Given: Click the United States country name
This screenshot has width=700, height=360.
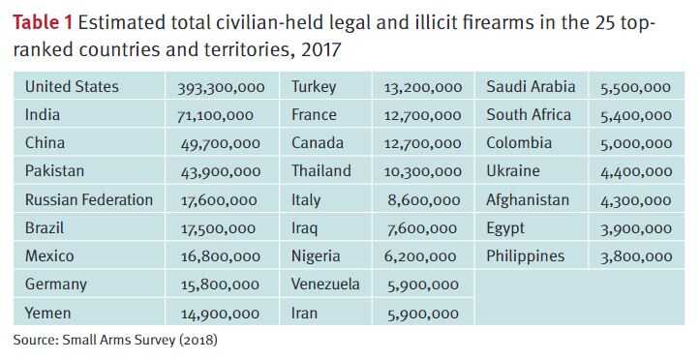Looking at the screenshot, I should coord(72,87).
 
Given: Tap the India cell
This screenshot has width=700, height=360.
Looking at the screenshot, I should coord(43,115).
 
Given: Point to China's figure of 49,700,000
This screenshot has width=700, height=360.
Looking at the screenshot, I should coord(221,144).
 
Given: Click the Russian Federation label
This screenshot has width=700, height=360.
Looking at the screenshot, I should coord(88,200).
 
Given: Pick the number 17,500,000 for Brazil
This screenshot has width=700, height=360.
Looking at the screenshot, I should coord(219,229).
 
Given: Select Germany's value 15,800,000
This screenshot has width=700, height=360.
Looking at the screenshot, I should coord(220,285).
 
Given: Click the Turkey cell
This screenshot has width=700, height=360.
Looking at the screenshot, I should coord(314,87).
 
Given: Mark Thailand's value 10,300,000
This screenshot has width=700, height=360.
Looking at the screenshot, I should coord(422,172).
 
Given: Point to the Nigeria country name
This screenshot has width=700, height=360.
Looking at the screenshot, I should coord(316,256).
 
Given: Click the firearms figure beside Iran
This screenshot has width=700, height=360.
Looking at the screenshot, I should coord(422,314).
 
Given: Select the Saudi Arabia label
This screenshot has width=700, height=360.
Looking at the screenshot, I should coord(531,87).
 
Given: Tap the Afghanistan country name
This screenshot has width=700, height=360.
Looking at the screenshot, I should coord(529,200).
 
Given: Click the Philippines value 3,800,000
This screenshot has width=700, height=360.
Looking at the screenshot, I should coord(635,257).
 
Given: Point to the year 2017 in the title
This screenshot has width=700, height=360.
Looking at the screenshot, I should coord(320,48).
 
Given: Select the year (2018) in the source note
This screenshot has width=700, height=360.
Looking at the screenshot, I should coord(198,340).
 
